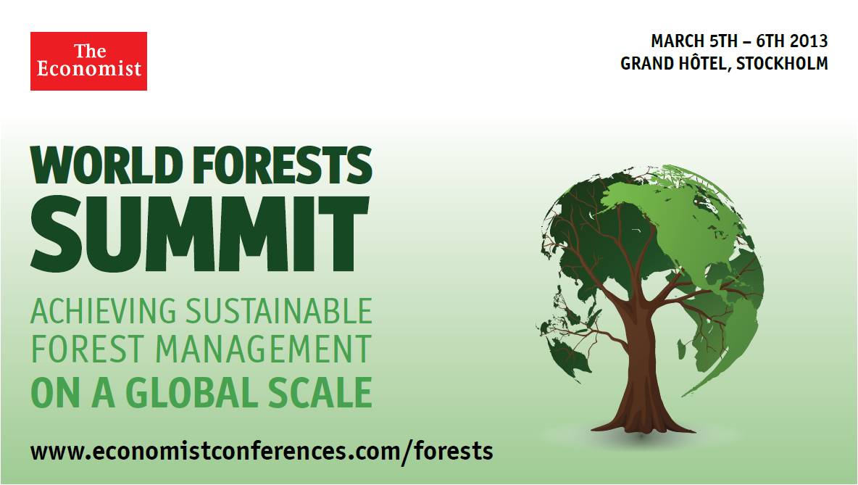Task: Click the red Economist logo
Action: [x=88, y=61]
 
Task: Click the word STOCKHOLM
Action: [x=783, y=64]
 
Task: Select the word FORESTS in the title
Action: [x=284, y=165]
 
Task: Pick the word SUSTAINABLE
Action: [x=279, y=312]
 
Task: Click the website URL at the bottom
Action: [x=262, y=451]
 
